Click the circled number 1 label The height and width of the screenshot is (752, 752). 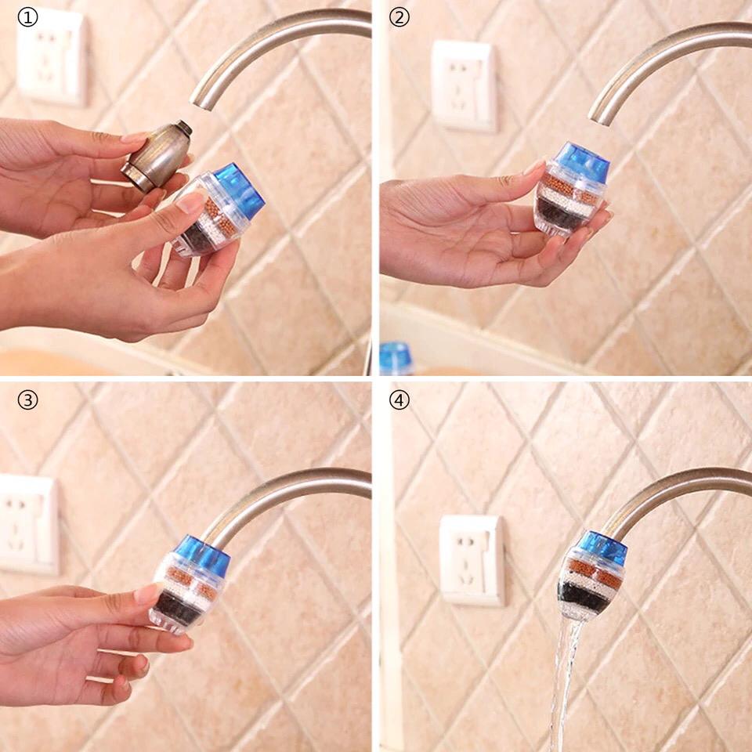(28, 17)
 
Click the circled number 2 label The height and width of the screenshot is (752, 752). (399, 17)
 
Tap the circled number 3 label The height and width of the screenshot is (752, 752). (28, 399)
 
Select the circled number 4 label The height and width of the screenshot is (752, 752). (399, 399)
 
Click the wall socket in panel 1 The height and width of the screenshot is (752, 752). (52, 56)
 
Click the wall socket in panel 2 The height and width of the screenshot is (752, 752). (464, 86)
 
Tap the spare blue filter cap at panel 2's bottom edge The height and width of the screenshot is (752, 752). (396, 358)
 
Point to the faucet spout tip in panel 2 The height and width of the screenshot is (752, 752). (599, 117)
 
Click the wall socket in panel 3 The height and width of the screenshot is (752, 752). (29, 524)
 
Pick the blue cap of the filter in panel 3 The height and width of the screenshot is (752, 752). (204, 556)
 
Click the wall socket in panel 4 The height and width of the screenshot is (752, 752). (472, 561)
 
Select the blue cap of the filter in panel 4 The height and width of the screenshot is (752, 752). (602, 548)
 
